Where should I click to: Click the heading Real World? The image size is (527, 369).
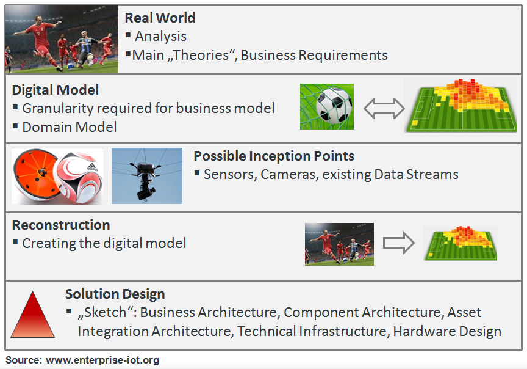(160, 18)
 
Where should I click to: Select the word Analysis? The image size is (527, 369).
(160, 37)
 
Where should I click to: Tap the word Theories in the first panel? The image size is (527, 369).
(201, 55)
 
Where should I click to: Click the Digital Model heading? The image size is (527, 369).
(56, 90)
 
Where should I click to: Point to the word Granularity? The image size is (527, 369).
(58, 109)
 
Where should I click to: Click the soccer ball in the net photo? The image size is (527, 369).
(334, 106)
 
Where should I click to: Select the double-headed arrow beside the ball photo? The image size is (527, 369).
(384, 108)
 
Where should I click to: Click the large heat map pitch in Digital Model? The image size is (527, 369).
(461, 106)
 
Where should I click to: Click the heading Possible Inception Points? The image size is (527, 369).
(274, 156)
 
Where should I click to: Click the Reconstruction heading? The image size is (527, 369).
(61, 225)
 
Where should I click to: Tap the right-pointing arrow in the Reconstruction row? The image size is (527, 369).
(399, 243)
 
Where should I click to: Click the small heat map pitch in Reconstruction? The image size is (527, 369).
(461, 243)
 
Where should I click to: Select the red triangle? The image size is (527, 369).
(32, 315)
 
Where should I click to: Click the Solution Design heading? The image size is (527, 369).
(115, 294)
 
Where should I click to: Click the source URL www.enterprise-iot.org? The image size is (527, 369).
(102, 360)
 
